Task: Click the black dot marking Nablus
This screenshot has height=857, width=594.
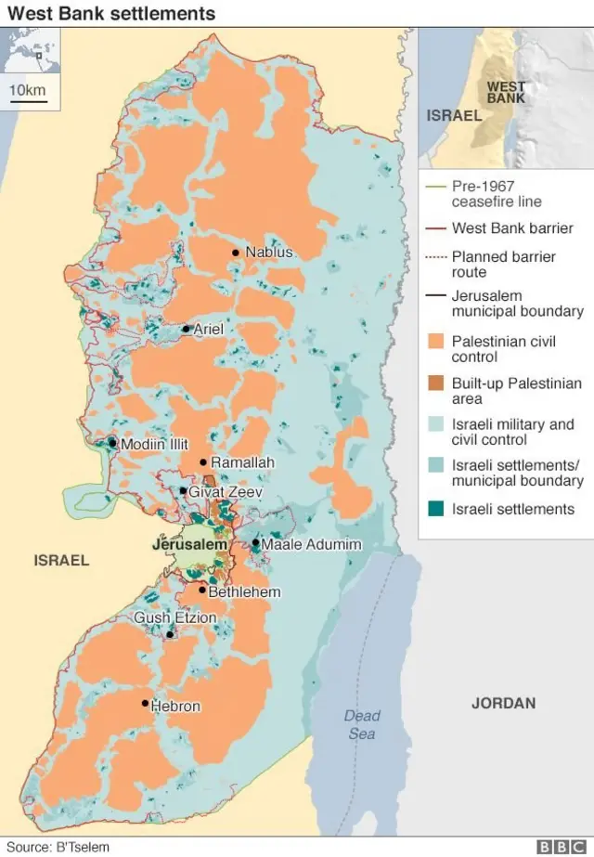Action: point(236,253)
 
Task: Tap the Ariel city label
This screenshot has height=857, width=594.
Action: point(209,329)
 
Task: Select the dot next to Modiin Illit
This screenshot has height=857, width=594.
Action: point(113,443)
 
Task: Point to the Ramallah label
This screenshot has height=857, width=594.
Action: point(242,462)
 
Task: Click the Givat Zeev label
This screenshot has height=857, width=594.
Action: point(226,492)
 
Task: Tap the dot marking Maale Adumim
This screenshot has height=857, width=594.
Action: point(255,543)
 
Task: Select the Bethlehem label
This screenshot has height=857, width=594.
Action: point(244,591)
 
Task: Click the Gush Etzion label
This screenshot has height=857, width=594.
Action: point(175,617)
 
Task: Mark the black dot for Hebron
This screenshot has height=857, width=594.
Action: point(145,703)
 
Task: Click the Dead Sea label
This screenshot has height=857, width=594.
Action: point(362,724)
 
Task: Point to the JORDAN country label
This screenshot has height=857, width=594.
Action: point(503,703)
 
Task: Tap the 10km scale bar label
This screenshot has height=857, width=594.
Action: point(28,89)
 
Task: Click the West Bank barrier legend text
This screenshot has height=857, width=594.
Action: point(512,227)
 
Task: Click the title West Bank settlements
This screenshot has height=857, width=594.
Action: point(111,13)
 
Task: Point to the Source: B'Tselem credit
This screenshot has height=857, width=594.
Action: point(58,847)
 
